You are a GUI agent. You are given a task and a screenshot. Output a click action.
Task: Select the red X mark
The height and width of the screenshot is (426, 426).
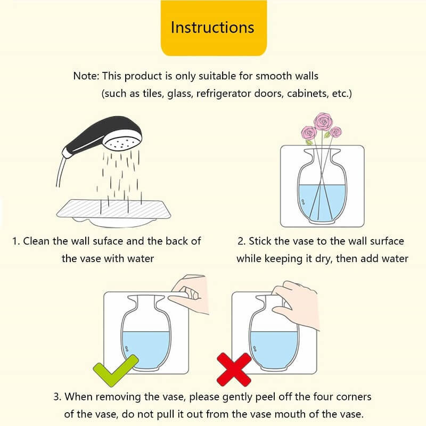tap(234, 370)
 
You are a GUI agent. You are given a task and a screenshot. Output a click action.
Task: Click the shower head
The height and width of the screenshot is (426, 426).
tap(103, 136)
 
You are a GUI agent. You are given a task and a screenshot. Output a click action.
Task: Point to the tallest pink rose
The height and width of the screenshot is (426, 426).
tap(323, 121)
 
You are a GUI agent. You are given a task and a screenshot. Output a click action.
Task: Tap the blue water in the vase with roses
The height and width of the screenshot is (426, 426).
tap(322, 202)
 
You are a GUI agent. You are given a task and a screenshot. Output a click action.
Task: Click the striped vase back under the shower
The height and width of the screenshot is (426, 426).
tap(113, 209)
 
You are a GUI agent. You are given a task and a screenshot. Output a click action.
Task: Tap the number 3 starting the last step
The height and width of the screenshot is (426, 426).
tap(56, 397)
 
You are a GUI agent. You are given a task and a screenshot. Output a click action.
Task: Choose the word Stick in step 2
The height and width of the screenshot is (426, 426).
tap(258, 241)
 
